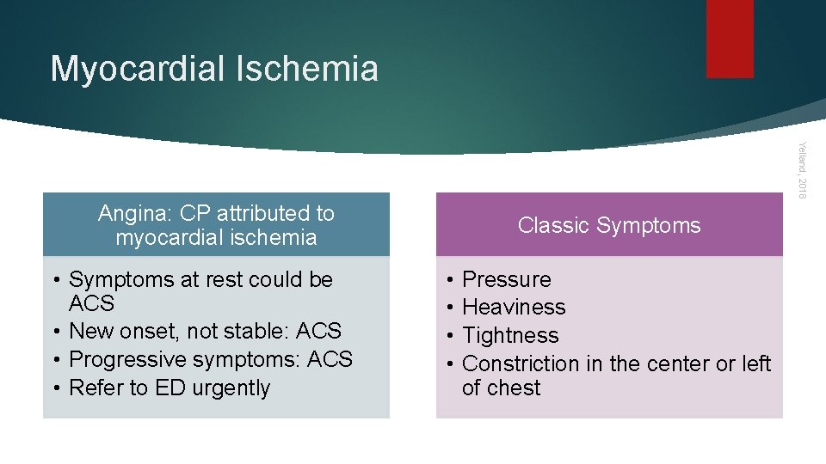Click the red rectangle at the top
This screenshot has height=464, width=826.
click(x=730, y=38)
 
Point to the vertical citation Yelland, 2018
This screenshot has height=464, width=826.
click(x=801, y=171)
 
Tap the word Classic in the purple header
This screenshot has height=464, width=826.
click(x=554, y=225)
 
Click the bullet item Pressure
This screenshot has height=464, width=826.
click(x=506, y=280)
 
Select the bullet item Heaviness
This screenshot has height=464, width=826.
click(x=514, y=308)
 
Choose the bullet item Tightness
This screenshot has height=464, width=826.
click(x=510, y=336)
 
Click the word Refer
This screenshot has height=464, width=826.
click(x=96, y=388)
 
